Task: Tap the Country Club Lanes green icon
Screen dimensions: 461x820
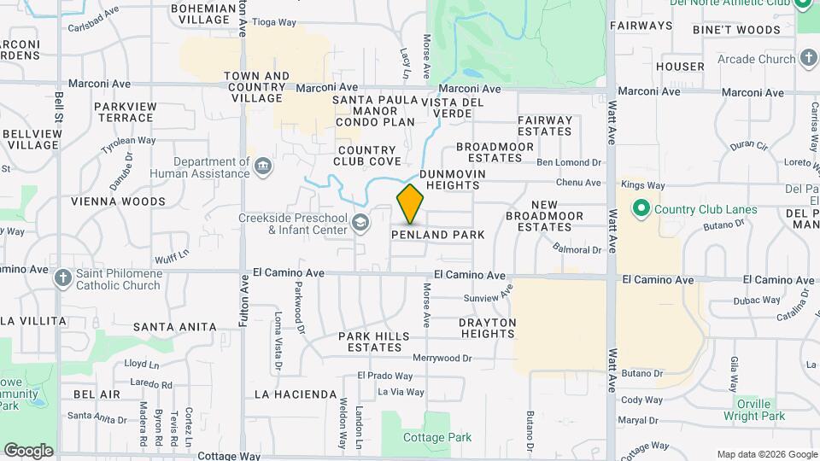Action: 641,209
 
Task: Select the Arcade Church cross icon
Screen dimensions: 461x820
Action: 809,59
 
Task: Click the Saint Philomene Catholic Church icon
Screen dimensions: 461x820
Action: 62,278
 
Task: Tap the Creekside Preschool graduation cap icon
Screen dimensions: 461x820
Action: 360,224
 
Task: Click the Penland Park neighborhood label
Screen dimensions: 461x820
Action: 437,235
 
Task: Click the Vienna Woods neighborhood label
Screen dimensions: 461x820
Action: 118,201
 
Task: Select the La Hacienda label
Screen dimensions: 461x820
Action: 296,394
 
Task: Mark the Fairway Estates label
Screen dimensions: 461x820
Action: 545,125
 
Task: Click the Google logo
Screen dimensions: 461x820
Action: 28,450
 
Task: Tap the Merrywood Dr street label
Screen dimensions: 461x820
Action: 442,359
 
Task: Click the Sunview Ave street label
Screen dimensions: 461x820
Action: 486,299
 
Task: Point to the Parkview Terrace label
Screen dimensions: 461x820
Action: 125,111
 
